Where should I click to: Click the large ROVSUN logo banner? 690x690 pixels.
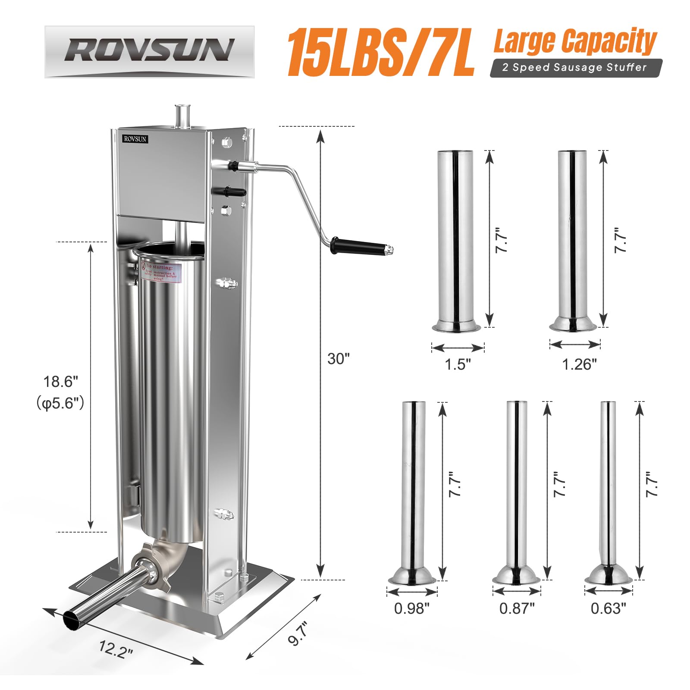point(149,51)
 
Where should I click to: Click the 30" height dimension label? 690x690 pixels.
point(338,359)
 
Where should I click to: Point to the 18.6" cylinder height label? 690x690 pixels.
point(61,382)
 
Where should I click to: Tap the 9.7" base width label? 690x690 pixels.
point(298,634)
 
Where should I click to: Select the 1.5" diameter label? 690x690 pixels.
point(458,364)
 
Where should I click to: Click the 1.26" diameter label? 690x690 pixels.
point(579,364)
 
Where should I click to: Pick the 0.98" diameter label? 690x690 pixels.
point(411,608)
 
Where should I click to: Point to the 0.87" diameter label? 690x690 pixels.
point(517,608)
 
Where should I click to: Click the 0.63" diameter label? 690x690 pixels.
point(608,608)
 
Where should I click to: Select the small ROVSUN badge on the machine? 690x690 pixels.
point(135,139)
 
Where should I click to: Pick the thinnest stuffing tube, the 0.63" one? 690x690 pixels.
point(608,487)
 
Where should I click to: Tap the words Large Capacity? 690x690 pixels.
point(574,41)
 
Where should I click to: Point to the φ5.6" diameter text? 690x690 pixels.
point(60,403)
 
